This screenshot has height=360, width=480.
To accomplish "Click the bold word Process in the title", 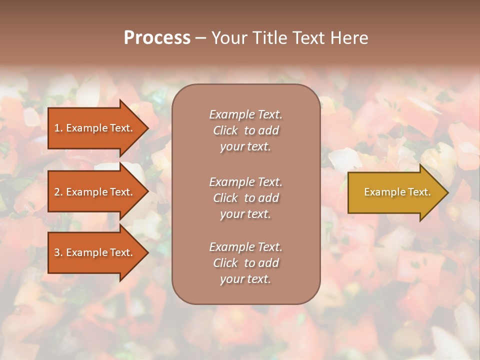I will tap(157, 38).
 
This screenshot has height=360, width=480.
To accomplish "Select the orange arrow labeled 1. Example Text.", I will tap(95, 128).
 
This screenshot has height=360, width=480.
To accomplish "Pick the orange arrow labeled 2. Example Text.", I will tap(95, 192).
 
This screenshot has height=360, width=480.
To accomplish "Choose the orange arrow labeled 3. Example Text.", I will tap(95, 252).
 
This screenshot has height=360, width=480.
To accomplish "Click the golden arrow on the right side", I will tap(395, 192).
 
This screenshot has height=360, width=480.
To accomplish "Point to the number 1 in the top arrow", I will tap(57, 128).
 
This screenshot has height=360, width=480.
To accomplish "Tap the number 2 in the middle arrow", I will tap(57, 192).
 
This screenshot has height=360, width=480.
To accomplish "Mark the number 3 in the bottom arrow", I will tap(57, 252).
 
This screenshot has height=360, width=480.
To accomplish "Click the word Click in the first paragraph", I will tap(225, 130).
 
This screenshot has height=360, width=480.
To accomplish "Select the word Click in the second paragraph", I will tap(225, 198).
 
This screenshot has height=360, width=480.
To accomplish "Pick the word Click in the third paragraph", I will tap(225, 263).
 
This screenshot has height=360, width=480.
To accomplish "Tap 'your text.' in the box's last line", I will tap(245, 279).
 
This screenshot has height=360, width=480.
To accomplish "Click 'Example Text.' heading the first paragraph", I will tap(245, 114).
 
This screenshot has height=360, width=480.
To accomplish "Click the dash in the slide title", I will tap(200, 38).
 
